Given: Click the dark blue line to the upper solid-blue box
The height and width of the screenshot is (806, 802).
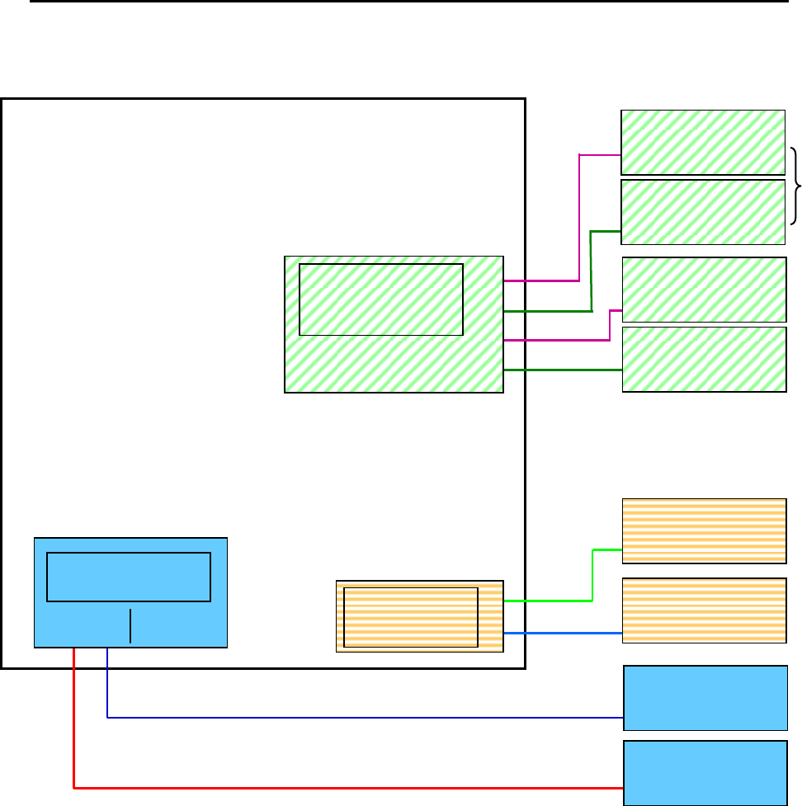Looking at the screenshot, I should tap(363, 718).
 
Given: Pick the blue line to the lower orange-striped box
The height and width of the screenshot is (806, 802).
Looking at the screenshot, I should tap(561, 634).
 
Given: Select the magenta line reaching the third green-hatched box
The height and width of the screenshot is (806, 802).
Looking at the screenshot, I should tap(610, 325).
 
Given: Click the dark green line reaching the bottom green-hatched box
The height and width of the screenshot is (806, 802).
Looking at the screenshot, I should tap(561, 370).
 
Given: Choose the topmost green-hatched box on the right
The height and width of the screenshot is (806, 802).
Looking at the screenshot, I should tap(702, 141).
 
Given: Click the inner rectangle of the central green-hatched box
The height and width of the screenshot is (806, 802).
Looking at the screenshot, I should tap(380, 299).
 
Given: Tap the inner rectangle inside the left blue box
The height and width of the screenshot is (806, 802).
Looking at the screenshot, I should tap(128, 577).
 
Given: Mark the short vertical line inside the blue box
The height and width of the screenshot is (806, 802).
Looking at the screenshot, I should tap(130, 626).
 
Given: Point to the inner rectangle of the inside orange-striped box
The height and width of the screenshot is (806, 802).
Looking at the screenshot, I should tap(410, 617).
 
